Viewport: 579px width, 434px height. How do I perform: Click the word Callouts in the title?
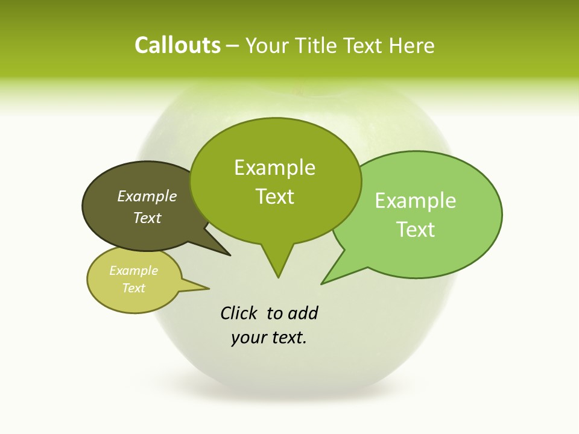(177, 45)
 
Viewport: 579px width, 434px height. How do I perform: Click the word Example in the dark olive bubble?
(147, 196)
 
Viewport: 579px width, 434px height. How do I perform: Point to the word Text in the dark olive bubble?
(147, 218)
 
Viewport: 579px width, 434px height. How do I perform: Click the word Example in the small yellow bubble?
(134, 271)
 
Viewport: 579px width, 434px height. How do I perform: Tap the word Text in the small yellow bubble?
(134, 288)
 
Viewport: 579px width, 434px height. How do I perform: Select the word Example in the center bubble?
(275, 168)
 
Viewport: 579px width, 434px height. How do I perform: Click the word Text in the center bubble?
(275, 197)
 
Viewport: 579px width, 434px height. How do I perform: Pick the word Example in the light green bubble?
(416, 201)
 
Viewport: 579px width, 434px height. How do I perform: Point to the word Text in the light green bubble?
(416, 230)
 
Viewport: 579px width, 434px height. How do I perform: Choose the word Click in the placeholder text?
(239, 313)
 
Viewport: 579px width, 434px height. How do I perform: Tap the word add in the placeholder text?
(303, 313)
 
